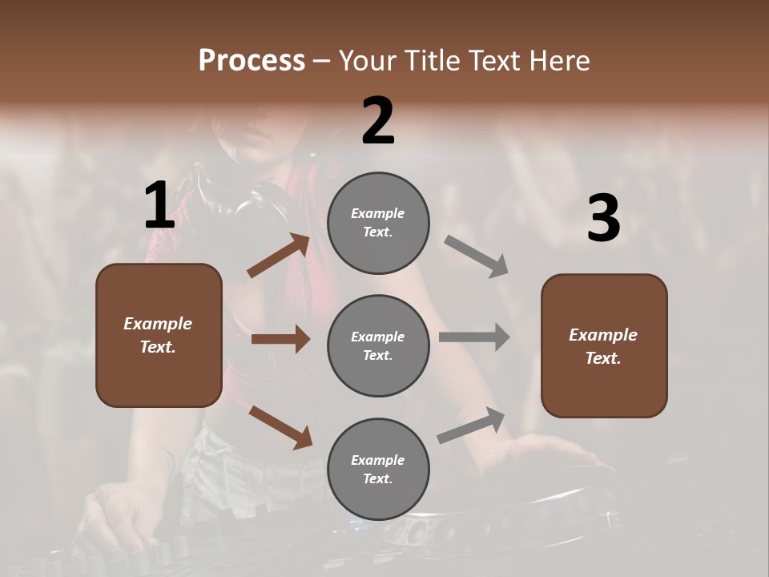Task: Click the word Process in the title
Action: [x=252, y=61]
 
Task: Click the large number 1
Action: [x=159, y=206]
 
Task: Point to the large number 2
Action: [x=378, y=121]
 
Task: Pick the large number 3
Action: [x=603, y=219]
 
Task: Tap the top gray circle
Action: [x=378, y=223]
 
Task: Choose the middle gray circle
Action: [x=378, y=345]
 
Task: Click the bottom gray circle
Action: [x=378, y=469]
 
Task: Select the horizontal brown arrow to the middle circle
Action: [x=280, y=339]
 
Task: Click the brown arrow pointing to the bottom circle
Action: [x=280, y=426]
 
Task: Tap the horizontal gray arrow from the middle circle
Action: [x=474, y=337]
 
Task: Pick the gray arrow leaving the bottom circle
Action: [x=472, y=425]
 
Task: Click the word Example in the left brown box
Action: [x=158, y=324]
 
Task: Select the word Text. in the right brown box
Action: [x=603, y=358]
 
